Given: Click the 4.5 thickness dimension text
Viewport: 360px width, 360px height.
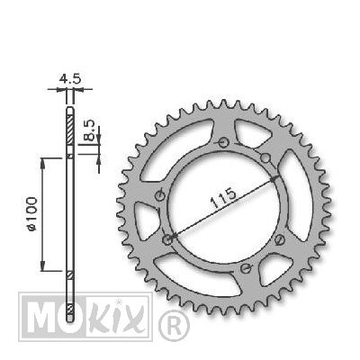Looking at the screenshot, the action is (x=70, y=79).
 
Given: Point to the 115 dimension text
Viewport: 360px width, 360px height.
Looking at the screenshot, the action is (x=223, y=198).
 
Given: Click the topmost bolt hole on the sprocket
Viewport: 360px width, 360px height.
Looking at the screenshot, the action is (x=222, y=142).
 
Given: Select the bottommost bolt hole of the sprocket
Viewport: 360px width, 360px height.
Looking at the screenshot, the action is (x=246, y=268).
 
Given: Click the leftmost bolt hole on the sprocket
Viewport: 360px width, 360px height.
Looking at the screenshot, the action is (x=160, y=196).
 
